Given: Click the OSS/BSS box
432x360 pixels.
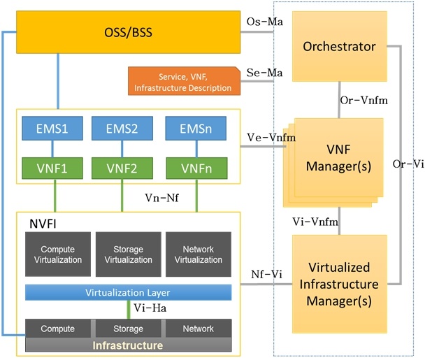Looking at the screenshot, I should point(129,33).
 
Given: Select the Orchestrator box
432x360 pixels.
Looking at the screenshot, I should point(339,47).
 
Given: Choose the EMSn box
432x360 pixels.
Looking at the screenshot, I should point(194,129).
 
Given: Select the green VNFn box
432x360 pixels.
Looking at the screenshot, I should point(194,168).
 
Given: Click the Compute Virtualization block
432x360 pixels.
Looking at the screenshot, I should point(57,254).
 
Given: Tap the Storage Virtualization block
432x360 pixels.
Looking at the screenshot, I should point(128,254).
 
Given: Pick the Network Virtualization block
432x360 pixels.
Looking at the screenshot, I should point(199,254).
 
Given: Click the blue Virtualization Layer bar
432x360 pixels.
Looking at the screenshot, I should point(128,292).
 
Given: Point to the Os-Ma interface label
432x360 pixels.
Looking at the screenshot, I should point(265,22).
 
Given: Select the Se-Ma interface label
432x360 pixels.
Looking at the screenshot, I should point(265,72).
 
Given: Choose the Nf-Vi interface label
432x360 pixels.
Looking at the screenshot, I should point(266,275).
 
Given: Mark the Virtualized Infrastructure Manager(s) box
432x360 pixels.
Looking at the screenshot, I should point(339,284).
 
